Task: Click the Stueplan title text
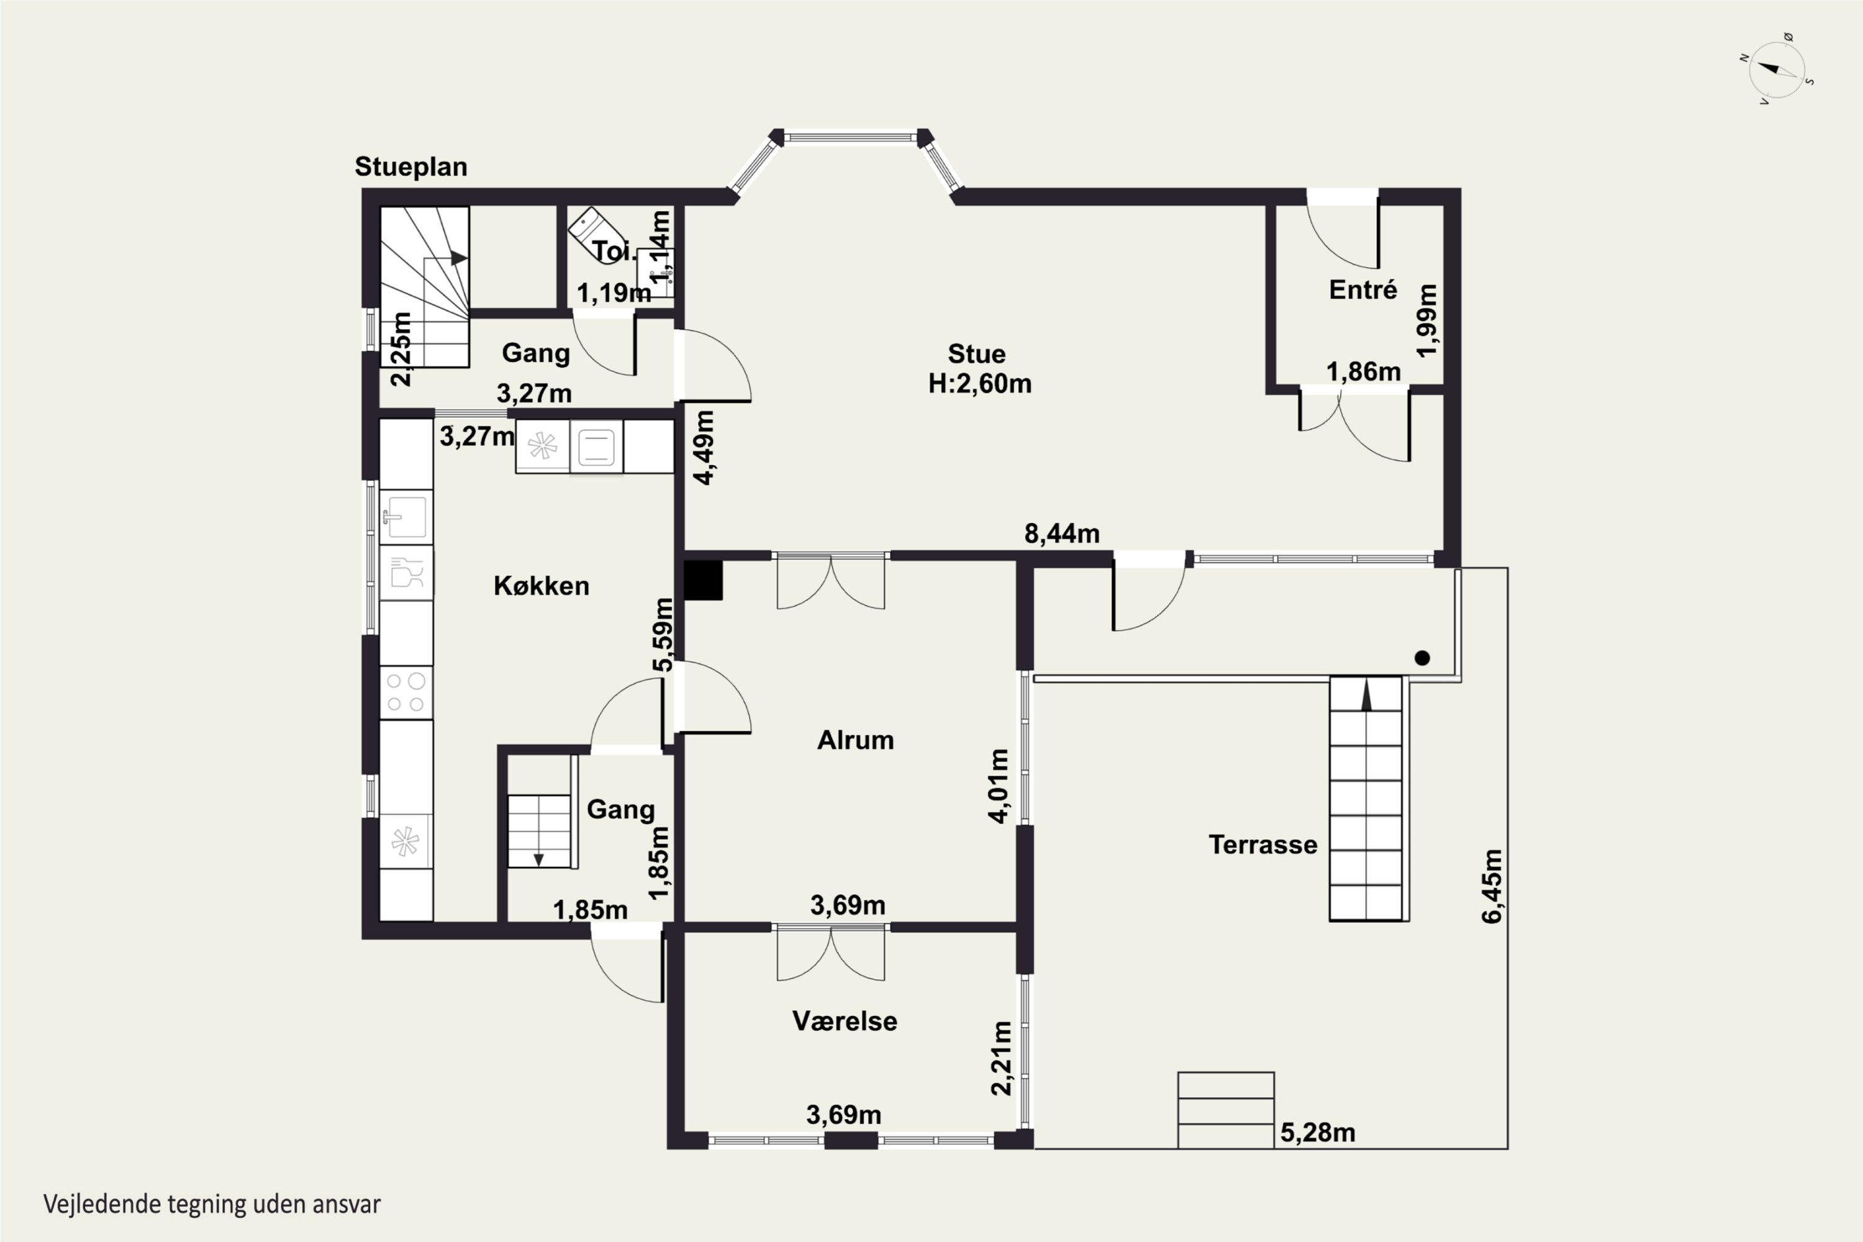point(410,166)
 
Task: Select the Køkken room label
point(541,586)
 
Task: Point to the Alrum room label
point(856,740)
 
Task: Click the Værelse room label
point(845,1021)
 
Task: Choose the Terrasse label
point(1262,845)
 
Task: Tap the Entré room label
point(1362,289)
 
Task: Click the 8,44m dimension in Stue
point(1061,534)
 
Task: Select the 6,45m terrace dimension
point(1492,886)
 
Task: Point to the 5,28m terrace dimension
point(1318,1133)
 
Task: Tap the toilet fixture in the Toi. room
point(596,235)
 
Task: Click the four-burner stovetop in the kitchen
point(406,692)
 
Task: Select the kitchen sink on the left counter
point(406,517)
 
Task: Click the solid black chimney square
point(704,580)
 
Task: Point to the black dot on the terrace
point(1422,658)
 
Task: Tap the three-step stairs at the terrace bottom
point(1225,1110)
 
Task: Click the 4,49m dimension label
point(704,448)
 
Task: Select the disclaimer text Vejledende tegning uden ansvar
point(212,1204)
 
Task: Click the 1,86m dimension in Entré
point(1363,371)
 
